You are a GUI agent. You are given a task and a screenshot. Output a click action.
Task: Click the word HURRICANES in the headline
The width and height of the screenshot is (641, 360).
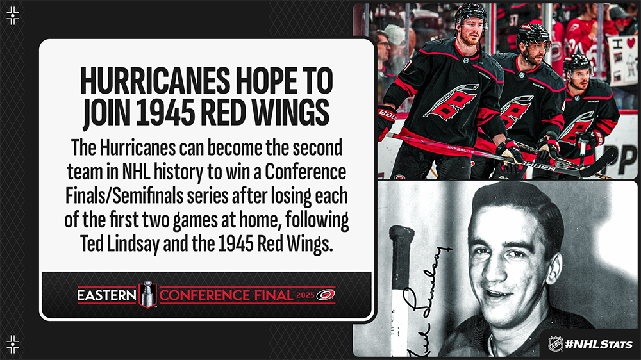click(155, 81)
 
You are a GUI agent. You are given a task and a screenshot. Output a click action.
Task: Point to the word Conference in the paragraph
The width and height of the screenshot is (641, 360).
click(305, 172)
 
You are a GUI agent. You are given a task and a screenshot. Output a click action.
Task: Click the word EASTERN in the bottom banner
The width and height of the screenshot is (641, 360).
click(106, 295)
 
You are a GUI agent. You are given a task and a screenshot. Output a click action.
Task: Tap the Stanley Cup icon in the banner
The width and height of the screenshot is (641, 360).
click(147, 294)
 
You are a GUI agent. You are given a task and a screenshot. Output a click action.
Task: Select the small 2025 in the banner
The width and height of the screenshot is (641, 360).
click(305, 295)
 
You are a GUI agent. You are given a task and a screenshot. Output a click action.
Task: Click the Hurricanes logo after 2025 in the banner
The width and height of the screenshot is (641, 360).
click(326, 295)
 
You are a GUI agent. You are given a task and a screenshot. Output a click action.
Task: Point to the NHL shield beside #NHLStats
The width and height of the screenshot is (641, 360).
click(555, 343)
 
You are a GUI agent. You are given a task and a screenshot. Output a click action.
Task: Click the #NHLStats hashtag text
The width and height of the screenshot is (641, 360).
click(599, 345)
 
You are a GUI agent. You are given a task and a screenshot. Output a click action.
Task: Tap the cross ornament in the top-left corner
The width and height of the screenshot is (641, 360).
click(13, 16)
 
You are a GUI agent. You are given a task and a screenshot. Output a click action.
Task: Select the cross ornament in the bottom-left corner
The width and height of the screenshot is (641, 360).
click(13, 345)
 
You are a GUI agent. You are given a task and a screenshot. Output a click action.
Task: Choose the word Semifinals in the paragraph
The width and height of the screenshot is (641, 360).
click(148, 197)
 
